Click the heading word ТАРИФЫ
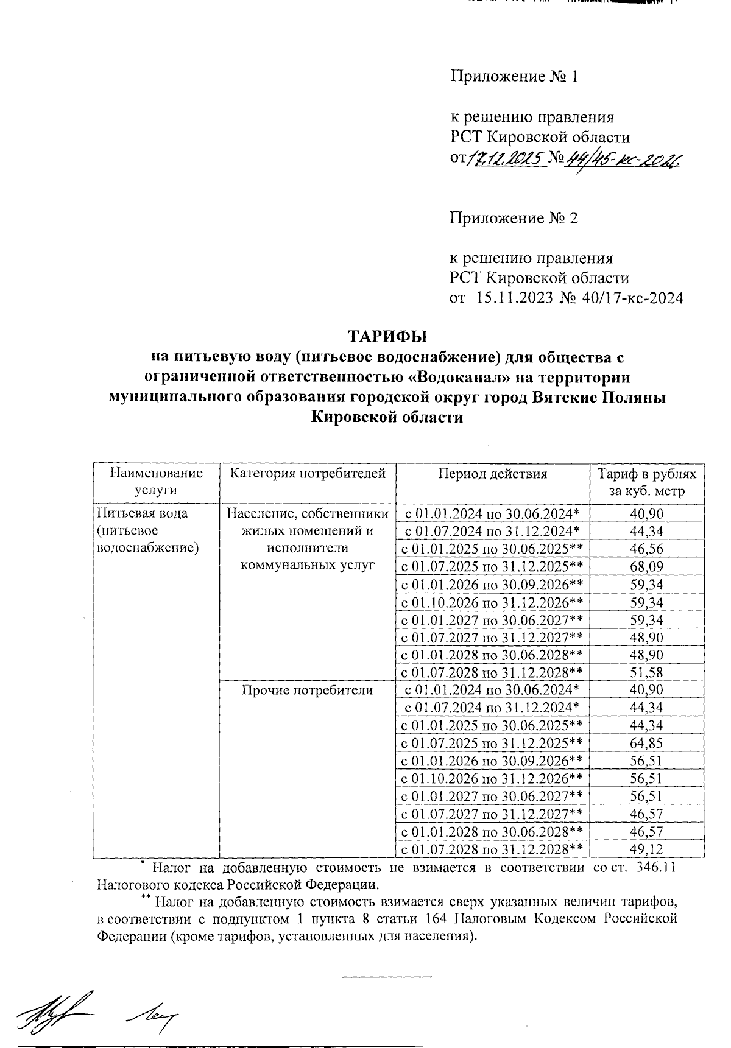(x=387, y=336)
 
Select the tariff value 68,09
(x=647, y=567)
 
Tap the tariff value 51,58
(x=647, y=673)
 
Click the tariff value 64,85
(x=647, y=743)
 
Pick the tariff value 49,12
(x=647, y=849)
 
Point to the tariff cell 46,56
(x=647, y=549)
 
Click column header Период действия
(x=493, y=474)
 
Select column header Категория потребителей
(x=308, y=474)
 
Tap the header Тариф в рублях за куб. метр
(x=647, y=482)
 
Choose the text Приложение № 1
(x=513, y=77)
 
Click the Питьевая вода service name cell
(x=147, y=530)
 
